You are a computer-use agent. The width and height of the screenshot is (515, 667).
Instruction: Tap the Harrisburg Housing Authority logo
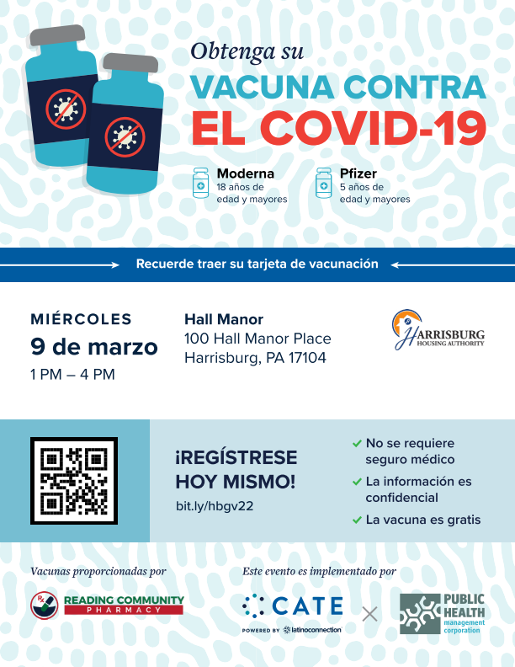point(438,330)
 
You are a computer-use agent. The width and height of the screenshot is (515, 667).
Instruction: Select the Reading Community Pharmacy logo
point(107,605)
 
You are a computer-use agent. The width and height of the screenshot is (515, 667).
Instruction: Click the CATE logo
point(293,606)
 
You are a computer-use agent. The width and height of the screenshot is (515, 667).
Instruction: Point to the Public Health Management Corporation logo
point(443,614)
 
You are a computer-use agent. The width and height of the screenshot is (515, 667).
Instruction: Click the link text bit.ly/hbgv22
point(215,506)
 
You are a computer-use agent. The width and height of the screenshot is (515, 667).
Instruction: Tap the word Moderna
point(245,173)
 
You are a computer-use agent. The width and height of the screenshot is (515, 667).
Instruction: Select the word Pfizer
point(358,173)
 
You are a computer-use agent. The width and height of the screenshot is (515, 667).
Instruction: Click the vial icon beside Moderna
point(200,182)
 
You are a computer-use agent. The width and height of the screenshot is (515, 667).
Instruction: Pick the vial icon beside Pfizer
point(323,182)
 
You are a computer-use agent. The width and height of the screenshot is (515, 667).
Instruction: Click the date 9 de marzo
point(94,346)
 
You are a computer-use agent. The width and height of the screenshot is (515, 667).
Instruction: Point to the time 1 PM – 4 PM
point(72,374)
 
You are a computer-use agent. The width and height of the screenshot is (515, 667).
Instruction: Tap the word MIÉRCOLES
point(82,319)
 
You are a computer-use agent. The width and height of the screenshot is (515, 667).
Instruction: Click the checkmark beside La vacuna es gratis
point(357,520)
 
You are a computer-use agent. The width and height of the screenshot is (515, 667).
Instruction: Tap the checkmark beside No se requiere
point(357,443)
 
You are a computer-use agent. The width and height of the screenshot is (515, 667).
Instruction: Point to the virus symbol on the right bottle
point(125,134)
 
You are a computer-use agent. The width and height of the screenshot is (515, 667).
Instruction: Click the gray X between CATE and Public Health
point(370,614)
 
